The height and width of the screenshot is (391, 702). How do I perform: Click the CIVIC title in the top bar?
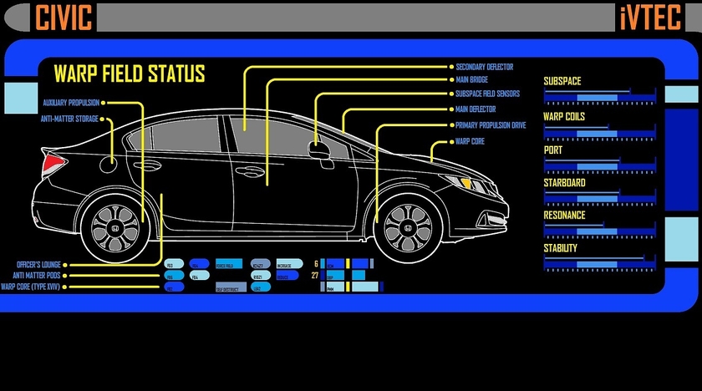pos(64,17)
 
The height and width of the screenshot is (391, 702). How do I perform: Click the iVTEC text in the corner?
pos(650,17)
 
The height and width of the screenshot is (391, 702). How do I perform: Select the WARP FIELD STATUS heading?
pos(129,74)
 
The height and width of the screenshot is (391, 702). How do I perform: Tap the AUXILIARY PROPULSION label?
pos(71,103)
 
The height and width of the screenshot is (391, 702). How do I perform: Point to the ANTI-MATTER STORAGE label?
pos(69,119)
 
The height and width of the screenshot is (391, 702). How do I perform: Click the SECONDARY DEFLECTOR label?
pos(484,67)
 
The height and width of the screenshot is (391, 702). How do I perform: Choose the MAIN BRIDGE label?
pos(471,80)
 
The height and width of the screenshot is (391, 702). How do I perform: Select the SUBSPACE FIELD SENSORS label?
pos(487,94)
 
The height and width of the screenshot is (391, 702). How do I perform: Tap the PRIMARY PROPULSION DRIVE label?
pos(490,125)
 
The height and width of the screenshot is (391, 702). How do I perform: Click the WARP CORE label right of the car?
pos(470,142)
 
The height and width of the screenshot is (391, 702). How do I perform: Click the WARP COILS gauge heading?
pos(564,116)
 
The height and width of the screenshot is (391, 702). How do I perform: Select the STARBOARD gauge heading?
pos(564,182)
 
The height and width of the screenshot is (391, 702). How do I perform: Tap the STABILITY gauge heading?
pos(560,248)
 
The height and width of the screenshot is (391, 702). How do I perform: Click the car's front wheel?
pos(407,227)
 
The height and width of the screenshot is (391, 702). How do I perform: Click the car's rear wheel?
pos(115,226)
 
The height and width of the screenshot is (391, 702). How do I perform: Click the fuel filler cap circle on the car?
pos(108,165)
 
